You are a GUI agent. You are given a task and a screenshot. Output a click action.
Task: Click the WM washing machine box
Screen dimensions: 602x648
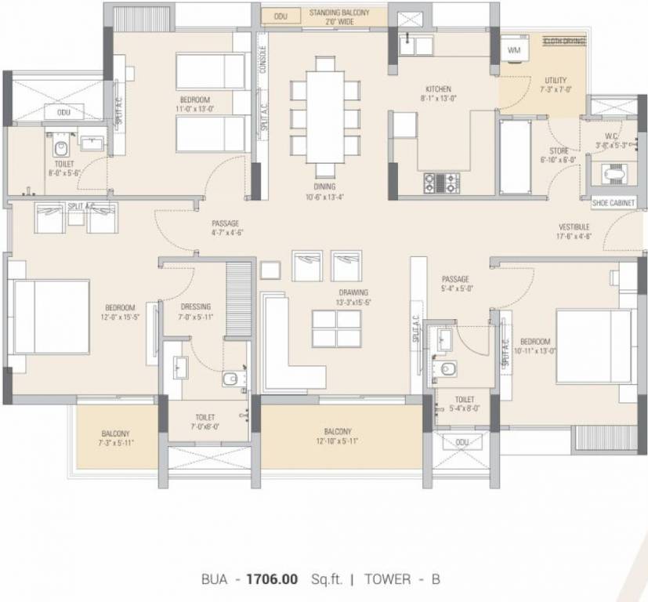[x=514, y=49]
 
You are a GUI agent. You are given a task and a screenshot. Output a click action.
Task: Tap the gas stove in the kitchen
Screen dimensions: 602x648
[x=442, y=183]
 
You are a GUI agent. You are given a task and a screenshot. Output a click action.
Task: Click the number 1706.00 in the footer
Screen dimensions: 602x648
[x=273, y=579]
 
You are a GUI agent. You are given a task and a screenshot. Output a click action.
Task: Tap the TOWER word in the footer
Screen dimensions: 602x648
[x=388, y=579]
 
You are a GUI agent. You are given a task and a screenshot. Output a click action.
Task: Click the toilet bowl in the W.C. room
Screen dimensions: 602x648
[x=614, y=172]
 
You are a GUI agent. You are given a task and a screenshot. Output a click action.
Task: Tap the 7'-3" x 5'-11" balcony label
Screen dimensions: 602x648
[x=115, y=438]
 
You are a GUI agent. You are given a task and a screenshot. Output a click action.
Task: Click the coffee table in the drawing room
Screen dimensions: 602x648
[x=337, y=328]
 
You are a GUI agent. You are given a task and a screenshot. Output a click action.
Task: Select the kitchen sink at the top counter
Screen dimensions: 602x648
[x=418, y=45]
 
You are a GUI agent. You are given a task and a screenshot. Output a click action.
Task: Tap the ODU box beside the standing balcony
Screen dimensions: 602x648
[x=280, y=16]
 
